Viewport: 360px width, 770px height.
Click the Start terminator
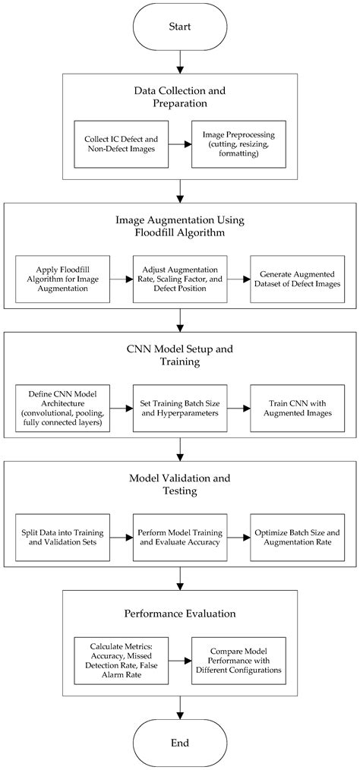[x=179, y=27]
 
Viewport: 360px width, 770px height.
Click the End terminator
[x=179, y=742]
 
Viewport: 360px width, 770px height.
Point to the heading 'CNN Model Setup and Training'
[x=179, y=354]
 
